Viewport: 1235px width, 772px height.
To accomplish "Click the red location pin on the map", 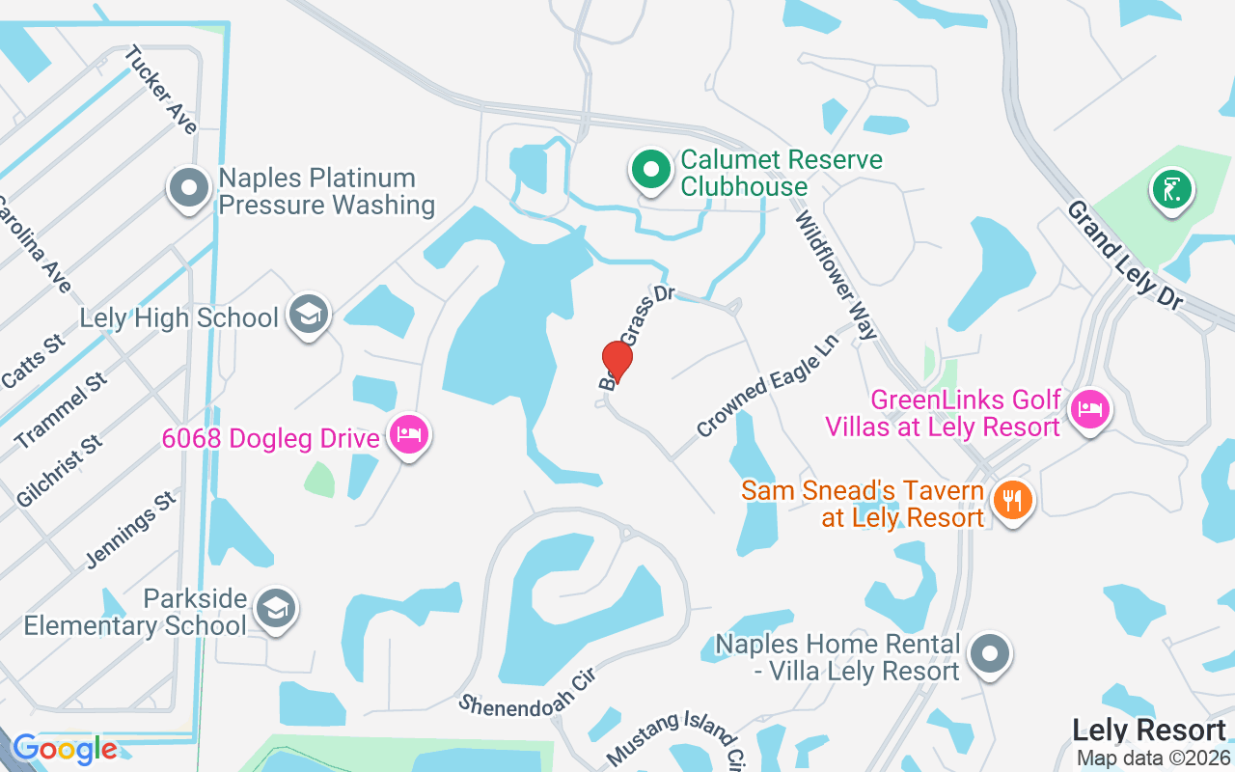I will (617, 361).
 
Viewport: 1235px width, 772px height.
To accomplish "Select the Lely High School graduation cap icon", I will (309, 315).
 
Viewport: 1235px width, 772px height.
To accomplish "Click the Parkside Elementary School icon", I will (276, 609).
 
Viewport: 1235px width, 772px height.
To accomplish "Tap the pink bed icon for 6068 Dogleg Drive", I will (409, 436).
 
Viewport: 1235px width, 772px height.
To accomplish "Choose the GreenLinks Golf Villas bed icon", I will (1090, 409).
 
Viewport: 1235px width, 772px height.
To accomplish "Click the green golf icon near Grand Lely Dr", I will (1171, 189).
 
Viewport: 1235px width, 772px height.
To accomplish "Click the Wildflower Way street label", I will (836, 276).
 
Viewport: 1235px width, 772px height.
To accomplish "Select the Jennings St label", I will (131, 529).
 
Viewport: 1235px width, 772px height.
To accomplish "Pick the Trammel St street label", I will (62, 410).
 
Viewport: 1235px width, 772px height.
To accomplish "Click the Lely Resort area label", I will (1148, 730).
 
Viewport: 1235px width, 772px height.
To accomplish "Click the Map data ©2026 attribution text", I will (1153, 758).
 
